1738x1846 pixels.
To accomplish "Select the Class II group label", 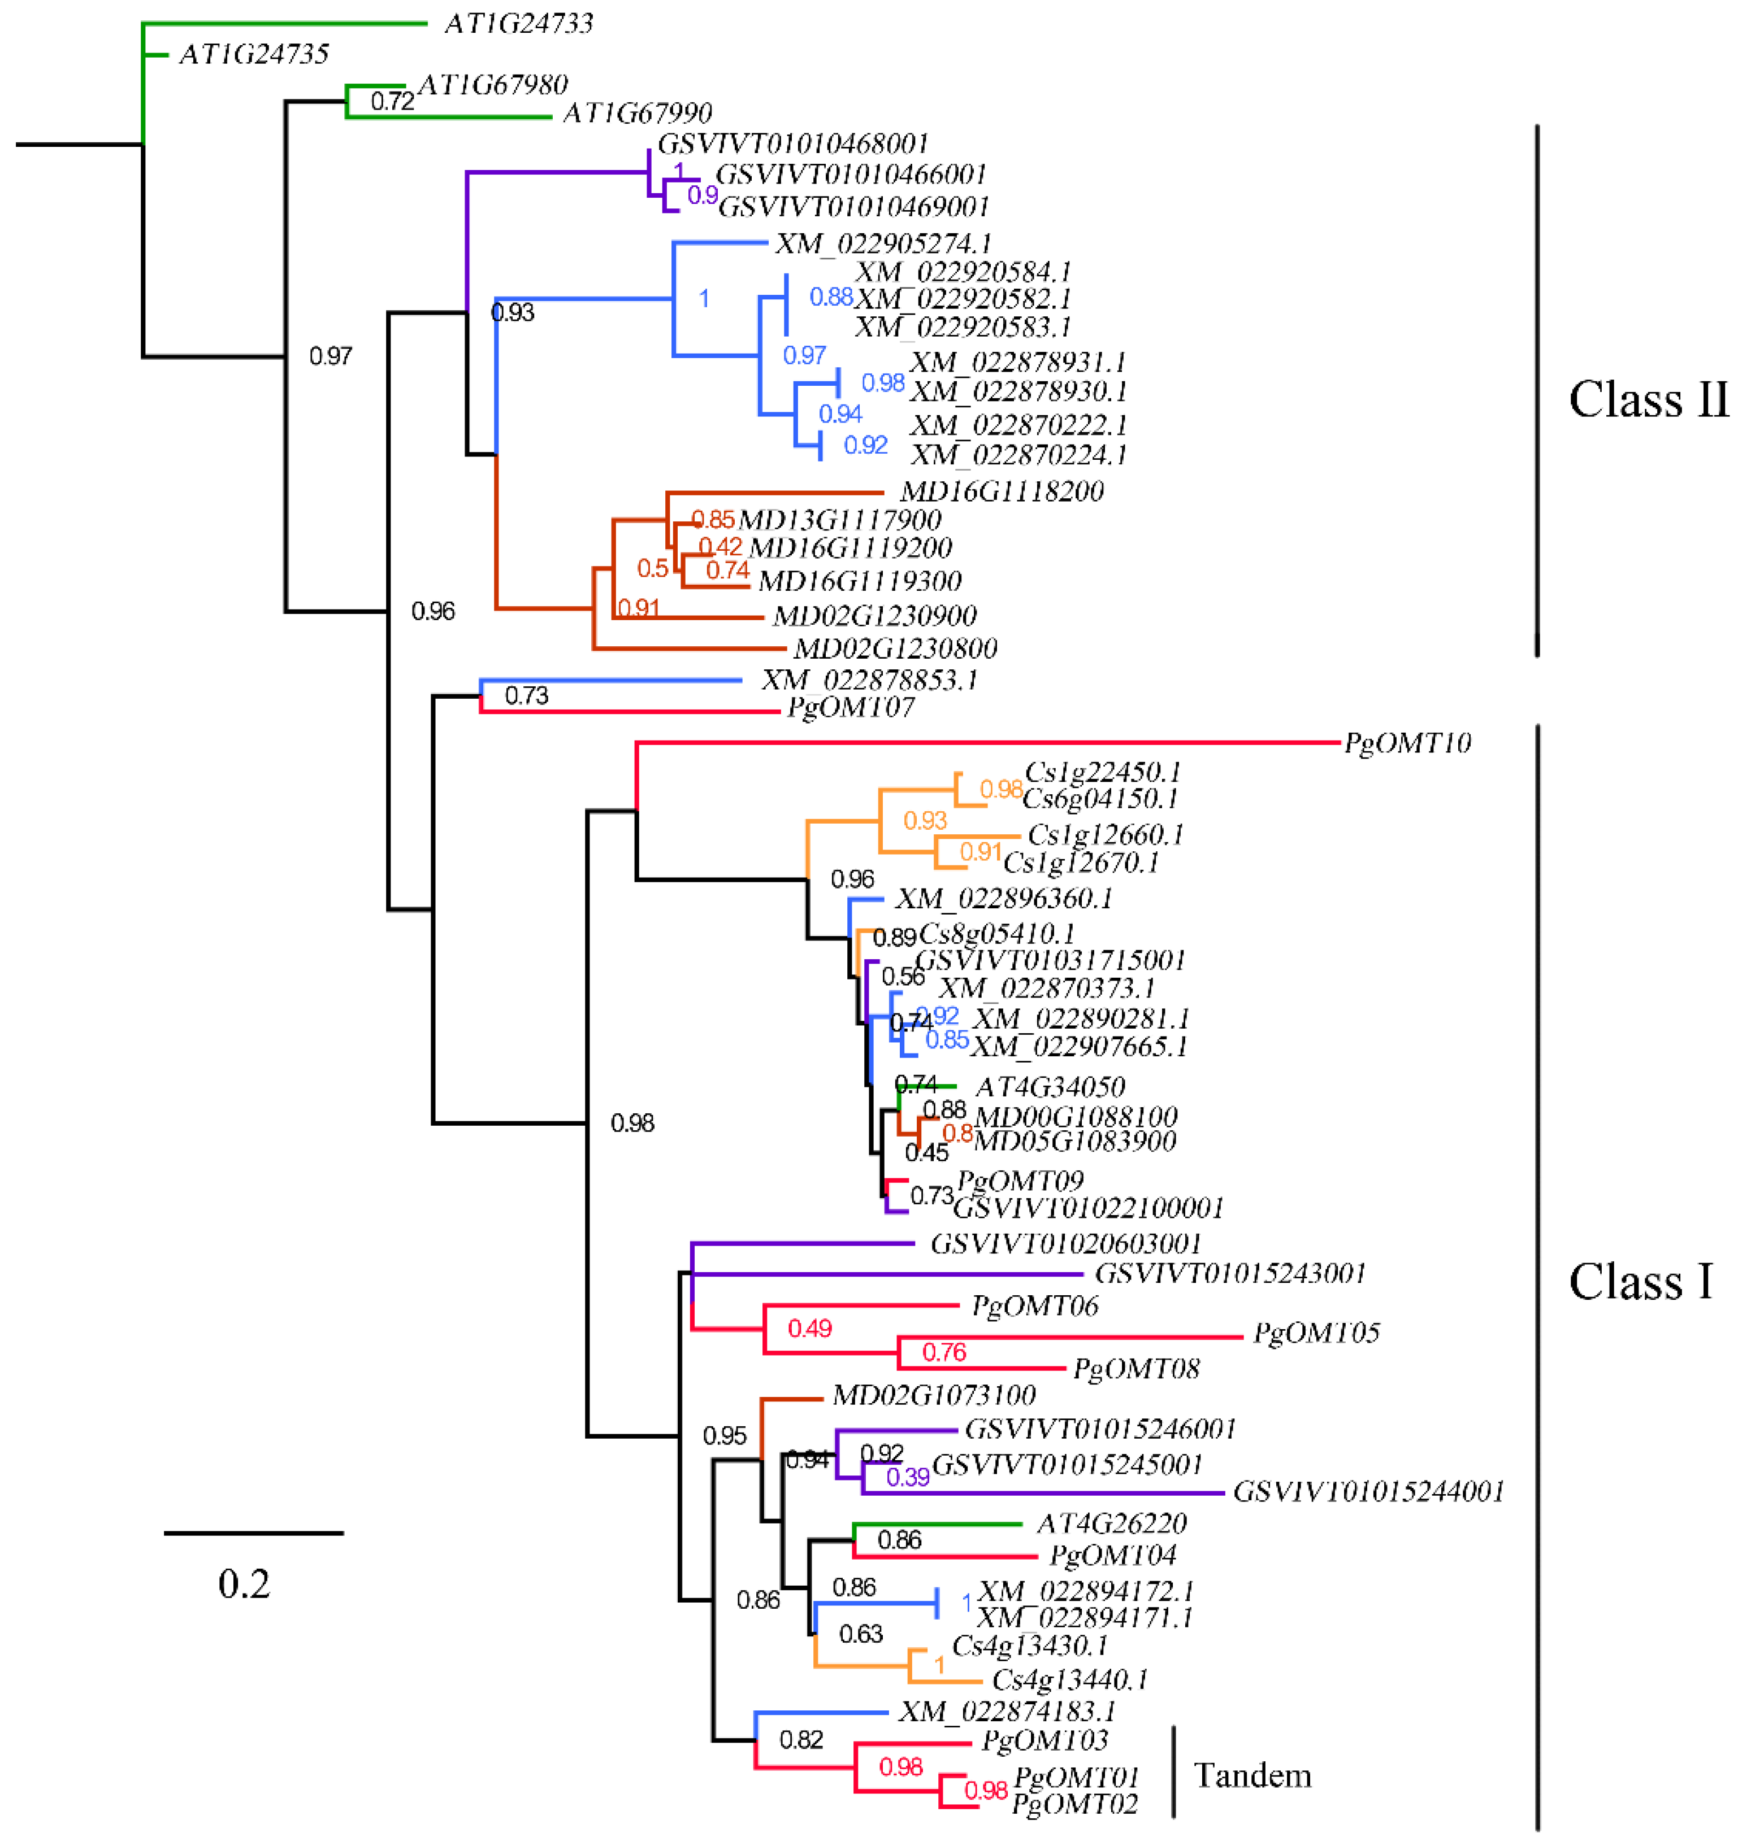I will pyautogui.click(x=1647, y=401).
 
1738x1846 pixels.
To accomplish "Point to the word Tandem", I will pyautogui.click(x=1251, y=1777).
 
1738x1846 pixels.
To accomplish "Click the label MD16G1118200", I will pyautogui.click(x=1002, y=492).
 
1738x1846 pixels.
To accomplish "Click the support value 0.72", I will pyautogui.click(x=392, y=101).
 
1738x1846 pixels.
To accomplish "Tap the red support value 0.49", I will pyautogui.click(x=809, y=1329).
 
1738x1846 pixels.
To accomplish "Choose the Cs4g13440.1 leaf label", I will pyautogui.click(x=1069, y=1680).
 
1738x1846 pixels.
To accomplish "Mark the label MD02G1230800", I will pyautogui.click(x=895, y=648).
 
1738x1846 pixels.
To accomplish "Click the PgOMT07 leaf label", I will pyautogui.click(x=850, y=708).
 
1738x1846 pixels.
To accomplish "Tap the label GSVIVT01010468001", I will pyautogui.click(x=792, y=144).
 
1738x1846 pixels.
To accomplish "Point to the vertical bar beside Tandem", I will pyautogui.click(x=1173, y=1771).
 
